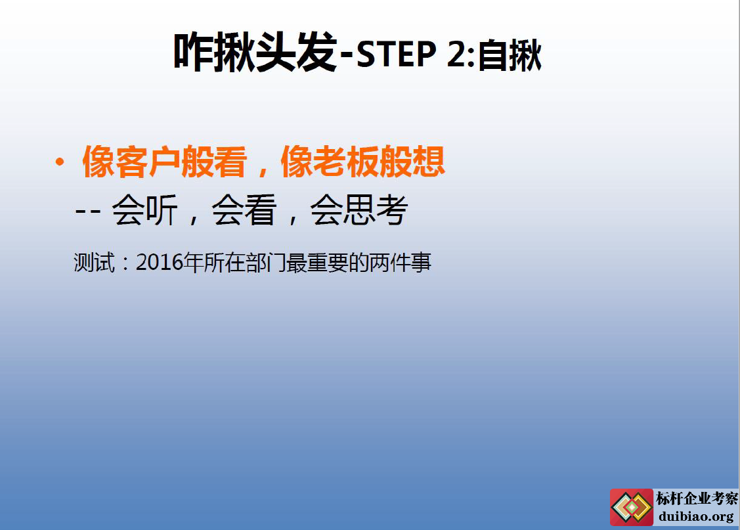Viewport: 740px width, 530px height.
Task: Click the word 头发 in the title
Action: click(296, 53)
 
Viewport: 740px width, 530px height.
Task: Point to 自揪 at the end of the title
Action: click(510, 55)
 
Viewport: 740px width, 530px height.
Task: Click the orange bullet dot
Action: click(60, 162)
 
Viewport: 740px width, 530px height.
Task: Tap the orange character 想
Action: click(429, 162)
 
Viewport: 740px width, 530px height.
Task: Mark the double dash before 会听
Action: click(88, 211)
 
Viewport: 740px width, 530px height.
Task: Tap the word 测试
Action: click(95, 263)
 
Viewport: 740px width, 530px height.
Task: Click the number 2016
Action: click(160, 263)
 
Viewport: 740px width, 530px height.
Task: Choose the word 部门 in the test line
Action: click(266, 263)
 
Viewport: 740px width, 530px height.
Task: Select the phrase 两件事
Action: click(401, 263)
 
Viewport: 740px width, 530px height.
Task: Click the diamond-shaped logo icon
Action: click(632, 508)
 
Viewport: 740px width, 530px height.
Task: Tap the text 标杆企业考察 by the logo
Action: click(697, 498)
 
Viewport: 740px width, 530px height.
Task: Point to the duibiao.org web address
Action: click(696, 516)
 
